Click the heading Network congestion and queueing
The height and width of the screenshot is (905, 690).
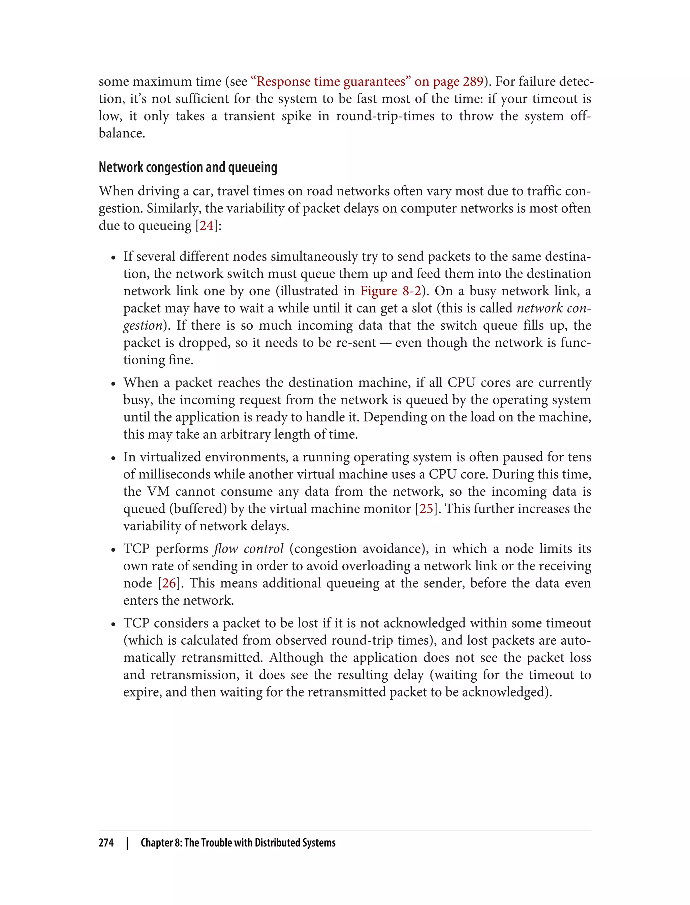coord(188,167)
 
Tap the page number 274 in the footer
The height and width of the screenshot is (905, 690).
coord(106,843)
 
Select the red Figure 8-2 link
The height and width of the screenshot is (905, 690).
coord(390,291)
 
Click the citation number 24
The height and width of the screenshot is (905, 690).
coord(207,225)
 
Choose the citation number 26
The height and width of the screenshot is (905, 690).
coord(169,583)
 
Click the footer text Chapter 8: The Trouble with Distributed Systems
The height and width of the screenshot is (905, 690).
coord(238,843)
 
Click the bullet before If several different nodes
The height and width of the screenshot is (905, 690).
coord(113,258)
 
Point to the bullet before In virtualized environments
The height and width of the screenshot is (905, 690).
coord(113,459)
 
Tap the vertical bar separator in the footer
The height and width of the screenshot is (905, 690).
coord(127,843)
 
